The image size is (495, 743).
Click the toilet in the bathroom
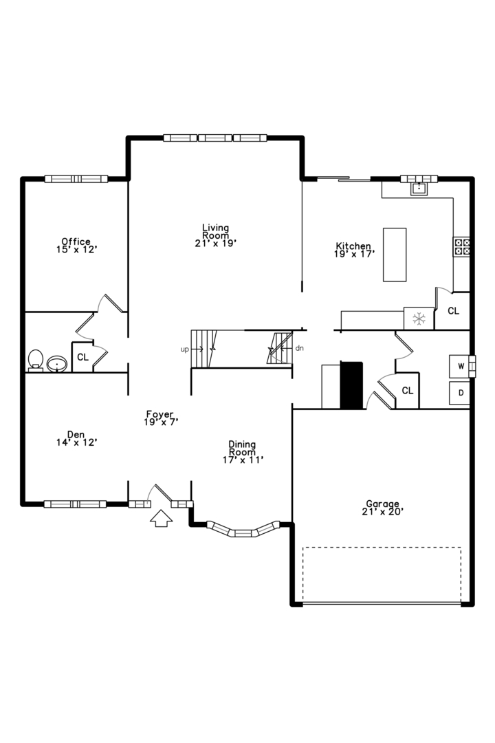coord(35,359)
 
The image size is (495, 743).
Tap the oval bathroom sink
coord(56,363)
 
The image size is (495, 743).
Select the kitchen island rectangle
coord(395,255)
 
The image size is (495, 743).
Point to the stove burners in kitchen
coord(461,247)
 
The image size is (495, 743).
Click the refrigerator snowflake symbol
coord(419,318)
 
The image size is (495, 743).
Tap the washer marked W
coord(460,366)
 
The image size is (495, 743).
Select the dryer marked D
coord(460,394)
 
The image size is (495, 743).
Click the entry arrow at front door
coord(162,519)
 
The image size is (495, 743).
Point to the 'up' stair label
coord(184,349)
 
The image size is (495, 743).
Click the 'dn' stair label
coord(299,349)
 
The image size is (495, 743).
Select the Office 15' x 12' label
coord(76,246)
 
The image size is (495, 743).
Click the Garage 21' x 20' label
coord(382,508)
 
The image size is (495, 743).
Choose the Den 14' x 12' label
coord(76,438)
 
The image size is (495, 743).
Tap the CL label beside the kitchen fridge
coord(453,311)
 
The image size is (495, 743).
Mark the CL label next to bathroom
coord(82,357)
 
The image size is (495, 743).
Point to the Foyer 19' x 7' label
coord(162,418)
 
